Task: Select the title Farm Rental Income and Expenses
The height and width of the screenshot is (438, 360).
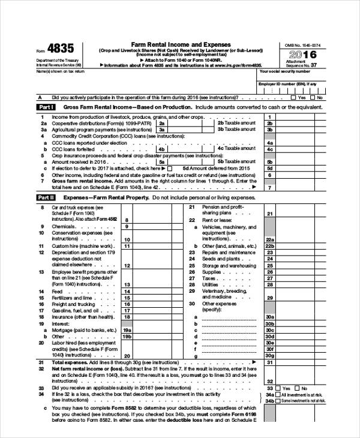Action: coord(173,45)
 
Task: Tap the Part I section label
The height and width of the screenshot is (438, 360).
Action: coord(46,107)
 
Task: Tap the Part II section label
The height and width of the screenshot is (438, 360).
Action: coord(46,197)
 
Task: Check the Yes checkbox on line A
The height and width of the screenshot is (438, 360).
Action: coord(293,97)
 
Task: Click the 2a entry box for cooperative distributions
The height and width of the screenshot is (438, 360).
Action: coord(161,122)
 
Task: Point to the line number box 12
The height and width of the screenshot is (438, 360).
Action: coord(127,264)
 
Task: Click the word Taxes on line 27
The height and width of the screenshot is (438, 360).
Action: coord(209,278)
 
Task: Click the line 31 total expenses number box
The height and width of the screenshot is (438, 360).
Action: coord(270,362)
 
